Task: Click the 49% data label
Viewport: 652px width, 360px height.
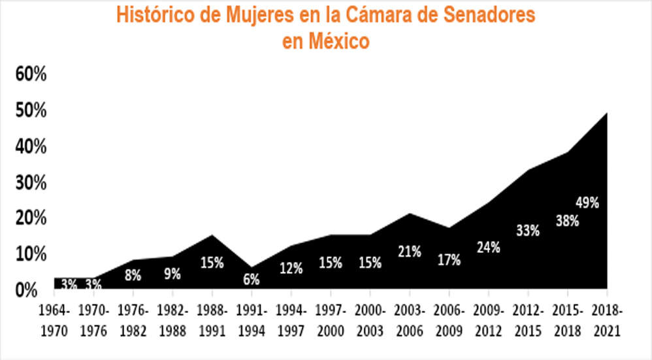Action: (587, 203)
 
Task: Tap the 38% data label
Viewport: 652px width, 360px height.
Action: (567, 221)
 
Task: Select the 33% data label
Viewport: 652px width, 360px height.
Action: (527, 231)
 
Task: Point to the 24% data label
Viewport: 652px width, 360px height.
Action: (488, 248)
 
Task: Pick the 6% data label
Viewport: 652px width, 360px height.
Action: (252, 279)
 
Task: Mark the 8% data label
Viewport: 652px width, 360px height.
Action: (133, 275)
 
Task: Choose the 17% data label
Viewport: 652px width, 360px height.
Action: (448, 260)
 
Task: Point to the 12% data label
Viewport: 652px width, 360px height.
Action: (291, 268)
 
